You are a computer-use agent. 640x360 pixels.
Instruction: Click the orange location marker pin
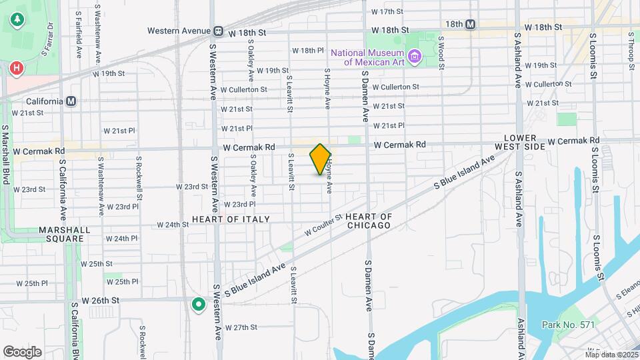pos(321,159)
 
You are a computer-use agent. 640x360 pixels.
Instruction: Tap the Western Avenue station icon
pos(218,31)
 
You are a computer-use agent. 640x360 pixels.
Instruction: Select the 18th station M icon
pos(471,24)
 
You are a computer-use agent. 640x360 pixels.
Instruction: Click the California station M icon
pos(71,101)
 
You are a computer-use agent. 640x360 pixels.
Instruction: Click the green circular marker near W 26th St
pos(198,305)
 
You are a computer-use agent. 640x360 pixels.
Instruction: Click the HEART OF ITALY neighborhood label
pos(231,219)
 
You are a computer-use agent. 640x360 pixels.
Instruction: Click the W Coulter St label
pos(323,225)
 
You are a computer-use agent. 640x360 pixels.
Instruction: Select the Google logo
pos(22,351)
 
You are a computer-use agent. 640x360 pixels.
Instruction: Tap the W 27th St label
pos(241,327)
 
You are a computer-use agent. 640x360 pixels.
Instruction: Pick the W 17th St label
pos(387,12)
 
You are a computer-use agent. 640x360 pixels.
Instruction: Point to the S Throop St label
pos(631,50)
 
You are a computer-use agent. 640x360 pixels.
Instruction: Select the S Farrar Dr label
pos(49,37)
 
